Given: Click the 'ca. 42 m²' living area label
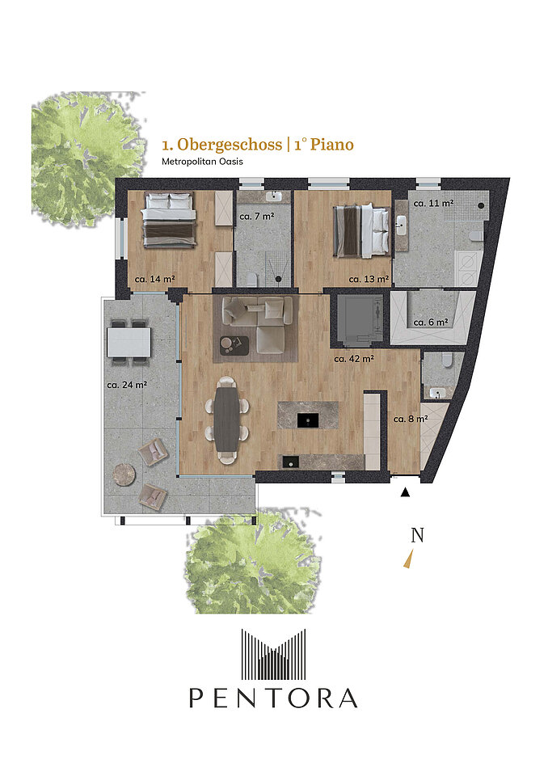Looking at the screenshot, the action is click(354, 359).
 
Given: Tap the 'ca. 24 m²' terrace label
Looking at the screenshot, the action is click(127, 385).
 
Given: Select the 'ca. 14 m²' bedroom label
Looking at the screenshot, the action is click(154, 279).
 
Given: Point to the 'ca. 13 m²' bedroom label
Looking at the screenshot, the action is click(369, 279).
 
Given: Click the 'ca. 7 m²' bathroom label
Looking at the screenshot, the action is click(257, 217).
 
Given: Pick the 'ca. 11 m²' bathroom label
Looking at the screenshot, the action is click(434, 203).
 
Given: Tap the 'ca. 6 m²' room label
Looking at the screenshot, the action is click(431, 323).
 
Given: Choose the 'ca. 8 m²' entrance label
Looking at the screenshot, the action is click(411, 420).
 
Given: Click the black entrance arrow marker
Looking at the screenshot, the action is click(406, 492).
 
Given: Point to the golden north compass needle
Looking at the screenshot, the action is click(408, 559).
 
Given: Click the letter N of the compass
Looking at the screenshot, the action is click(417, 535).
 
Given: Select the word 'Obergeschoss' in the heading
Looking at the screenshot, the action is click(230, 145).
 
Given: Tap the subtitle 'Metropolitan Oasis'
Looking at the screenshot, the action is click(202, 162).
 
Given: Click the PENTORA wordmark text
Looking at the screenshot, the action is click(273, 698).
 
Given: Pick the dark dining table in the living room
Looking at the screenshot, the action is click(227, 419).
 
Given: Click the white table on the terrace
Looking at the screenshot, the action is click(129, 343).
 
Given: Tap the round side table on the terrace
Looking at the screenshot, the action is click(124, 474).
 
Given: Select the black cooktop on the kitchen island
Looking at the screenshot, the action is click(308, 420).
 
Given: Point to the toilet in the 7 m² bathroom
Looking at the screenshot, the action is click(251, 280).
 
